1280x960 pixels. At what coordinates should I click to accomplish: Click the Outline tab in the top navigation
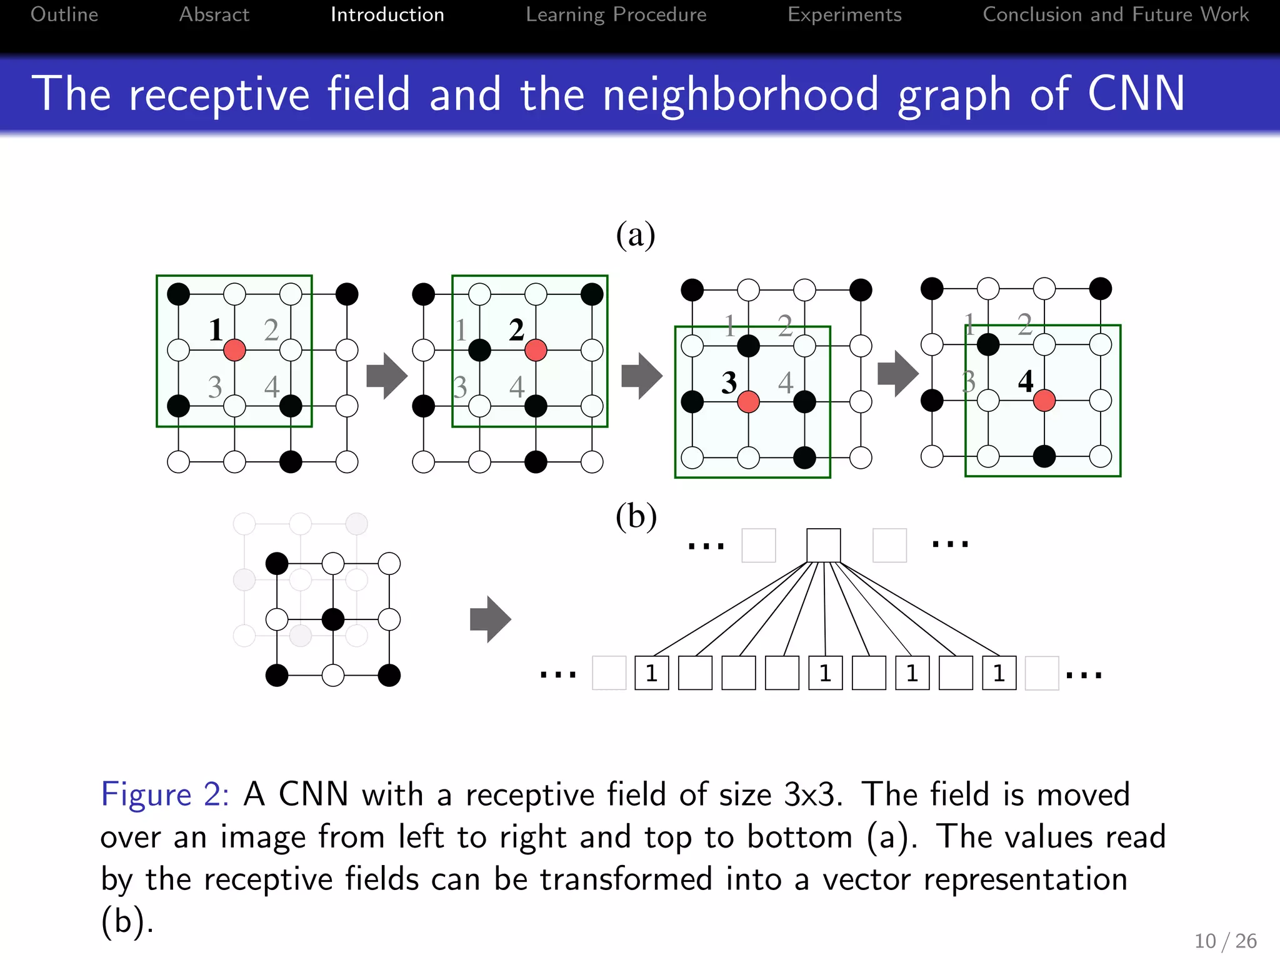pos(64,14)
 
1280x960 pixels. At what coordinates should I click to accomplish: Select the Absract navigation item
pos(214,14)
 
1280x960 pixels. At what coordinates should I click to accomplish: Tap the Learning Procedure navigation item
pos(616,14)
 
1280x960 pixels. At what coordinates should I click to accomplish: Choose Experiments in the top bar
pos(844,14)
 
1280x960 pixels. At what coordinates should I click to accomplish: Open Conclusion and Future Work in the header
pos(1116,14)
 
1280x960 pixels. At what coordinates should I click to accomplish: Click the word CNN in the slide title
pos(1136,94)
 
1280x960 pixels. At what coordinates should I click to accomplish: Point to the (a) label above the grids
pos(636,235)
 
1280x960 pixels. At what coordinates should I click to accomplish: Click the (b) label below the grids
pos(636,516)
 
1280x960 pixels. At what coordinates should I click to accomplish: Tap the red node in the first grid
pos(234,350)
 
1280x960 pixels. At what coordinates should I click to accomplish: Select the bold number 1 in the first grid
pos(216,329)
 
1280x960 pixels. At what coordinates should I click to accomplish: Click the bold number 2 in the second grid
pos(516,329)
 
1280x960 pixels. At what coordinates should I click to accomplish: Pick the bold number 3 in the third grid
pos(729,382)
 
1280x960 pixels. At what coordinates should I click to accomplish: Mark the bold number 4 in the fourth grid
pos(1026,381)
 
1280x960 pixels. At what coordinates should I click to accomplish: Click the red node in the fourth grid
pos(1044,401)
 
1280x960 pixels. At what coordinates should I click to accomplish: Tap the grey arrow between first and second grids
pos(386,376)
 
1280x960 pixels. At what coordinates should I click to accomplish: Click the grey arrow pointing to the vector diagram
pos(490,619)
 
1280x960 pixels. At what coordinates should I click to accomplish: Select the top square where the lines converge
pos(823,545)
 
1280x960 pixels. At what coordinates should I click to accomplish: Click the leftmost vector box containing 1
pos(651,673)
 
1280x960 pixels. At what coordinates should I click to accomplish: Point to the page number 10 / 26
pos(1226,941)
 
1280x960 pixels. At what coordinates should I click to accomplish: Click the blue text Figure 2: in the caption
pos(164,795)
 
